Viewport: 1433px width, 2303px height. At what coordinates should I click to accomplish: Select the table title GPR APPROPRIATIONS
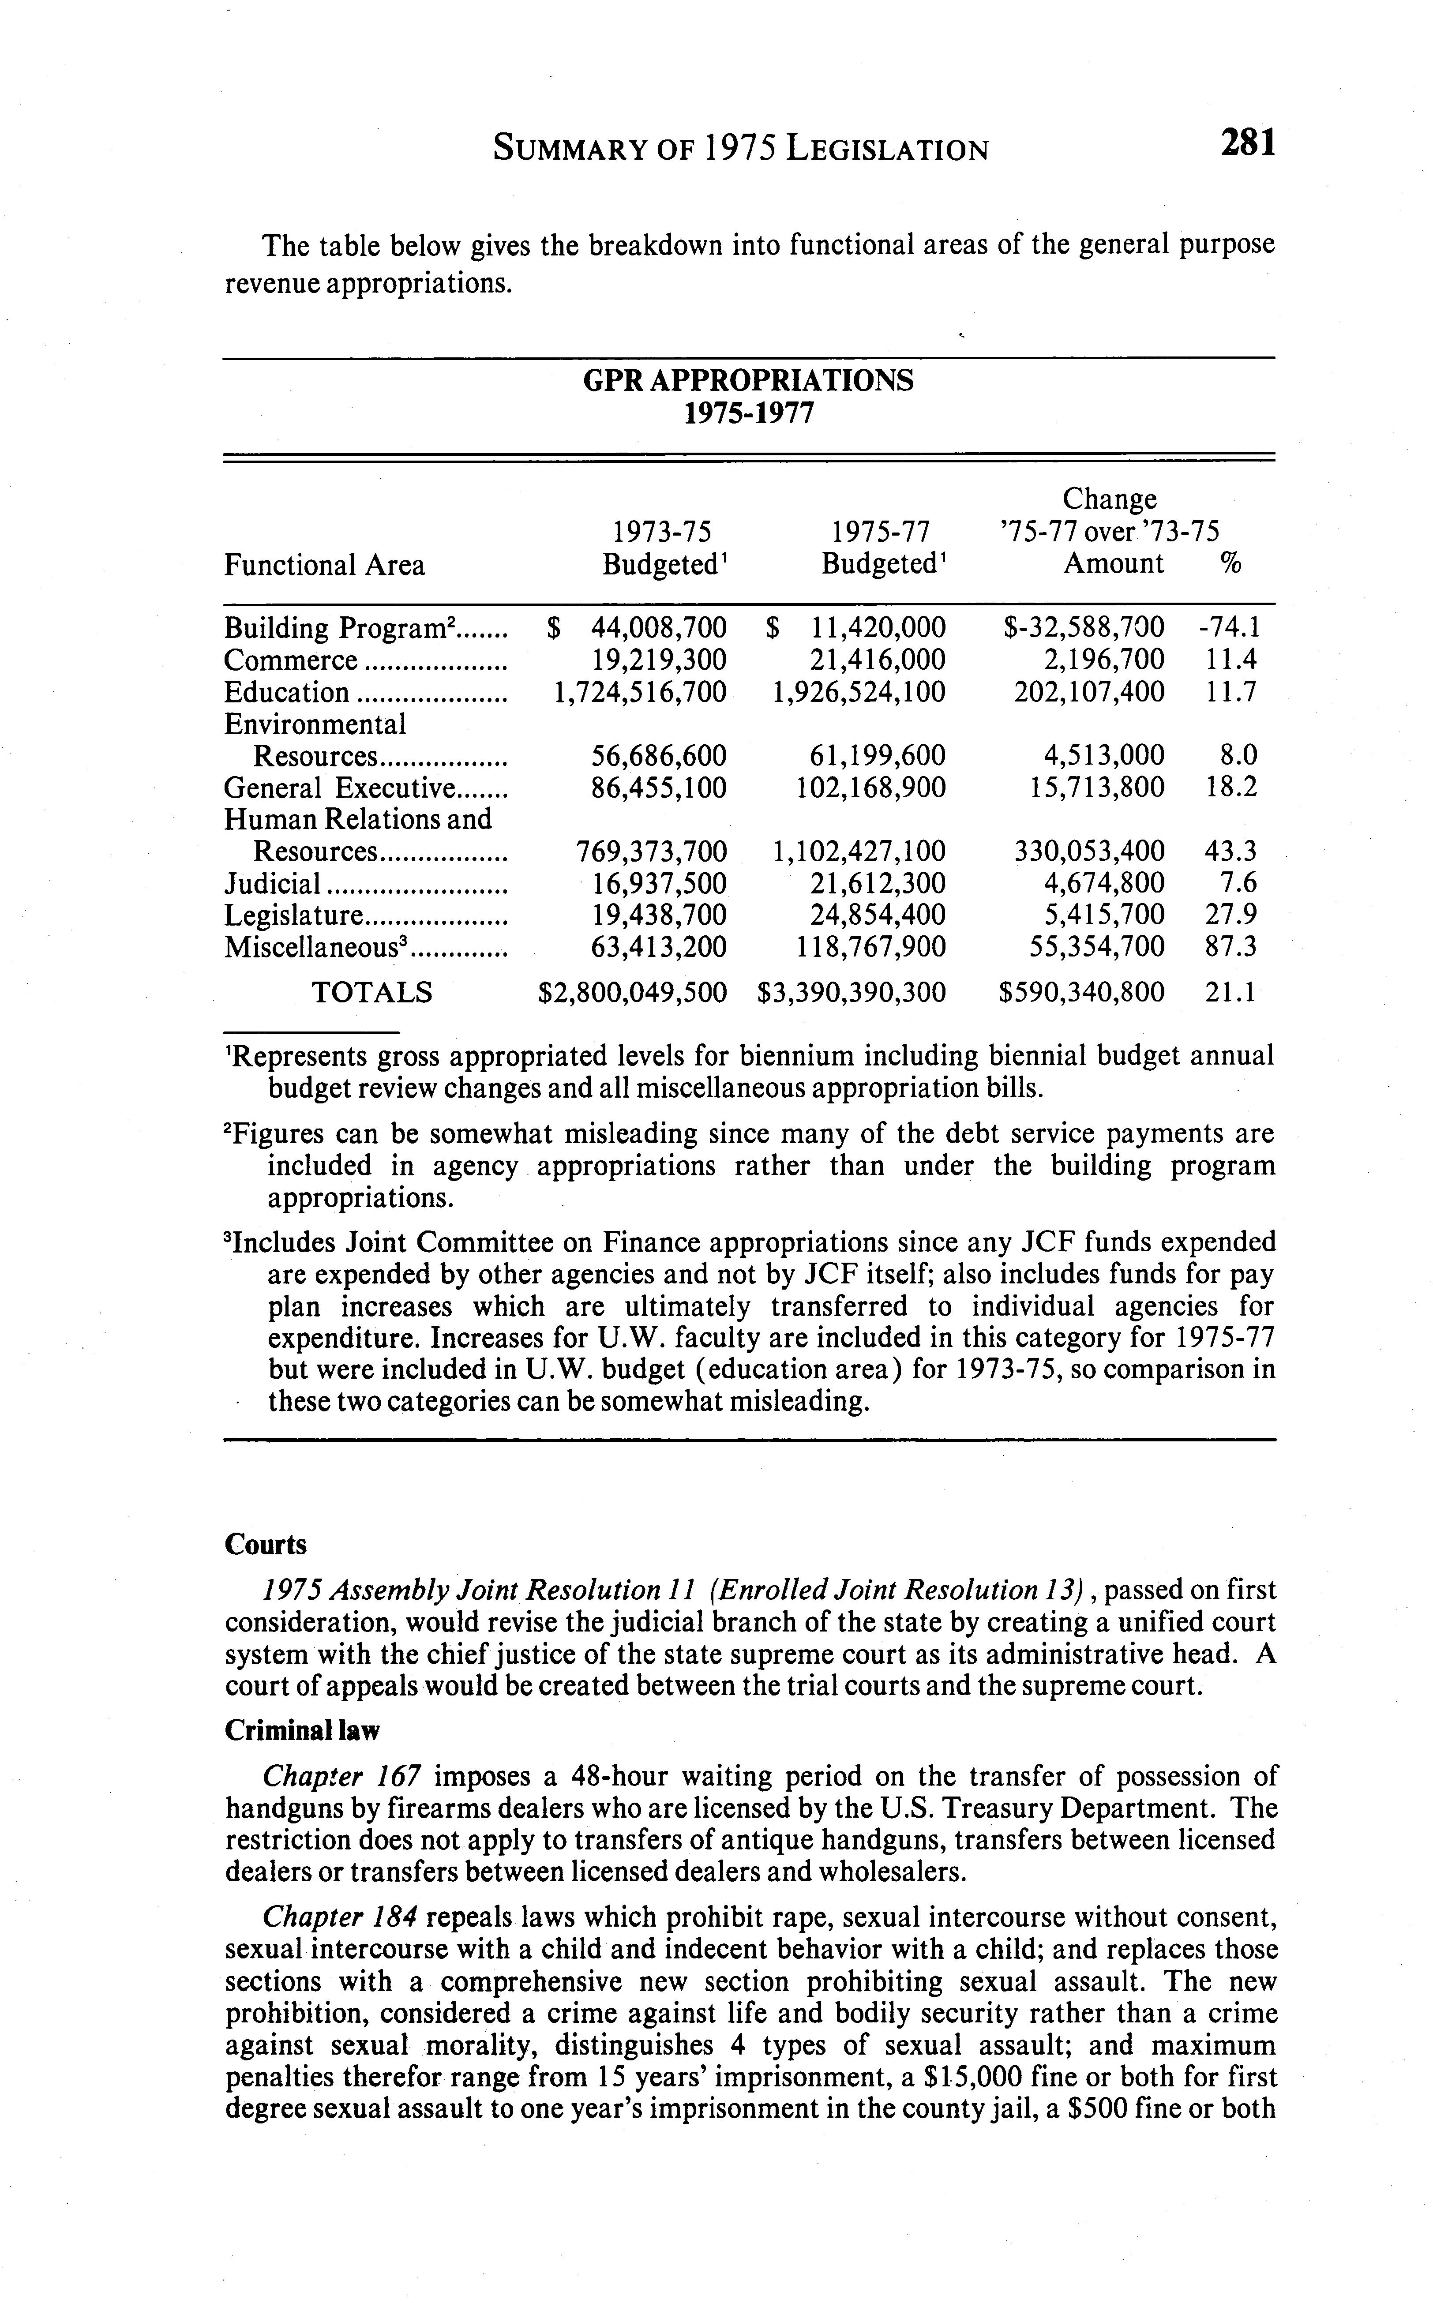[x=748, y=381]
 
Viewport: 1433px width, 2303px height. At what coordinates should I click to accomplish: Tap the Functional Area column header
[x=324, y=566]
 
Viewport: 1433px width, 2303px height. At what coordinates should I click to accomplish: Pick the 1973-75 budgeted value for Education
[x=640, y=693]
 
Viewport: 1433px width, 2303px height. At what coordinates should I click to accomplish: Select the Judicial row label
[x=273, y=884]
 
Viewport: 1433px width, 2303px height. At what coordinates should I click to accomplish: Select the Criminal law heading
[x=301, y=1731]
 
